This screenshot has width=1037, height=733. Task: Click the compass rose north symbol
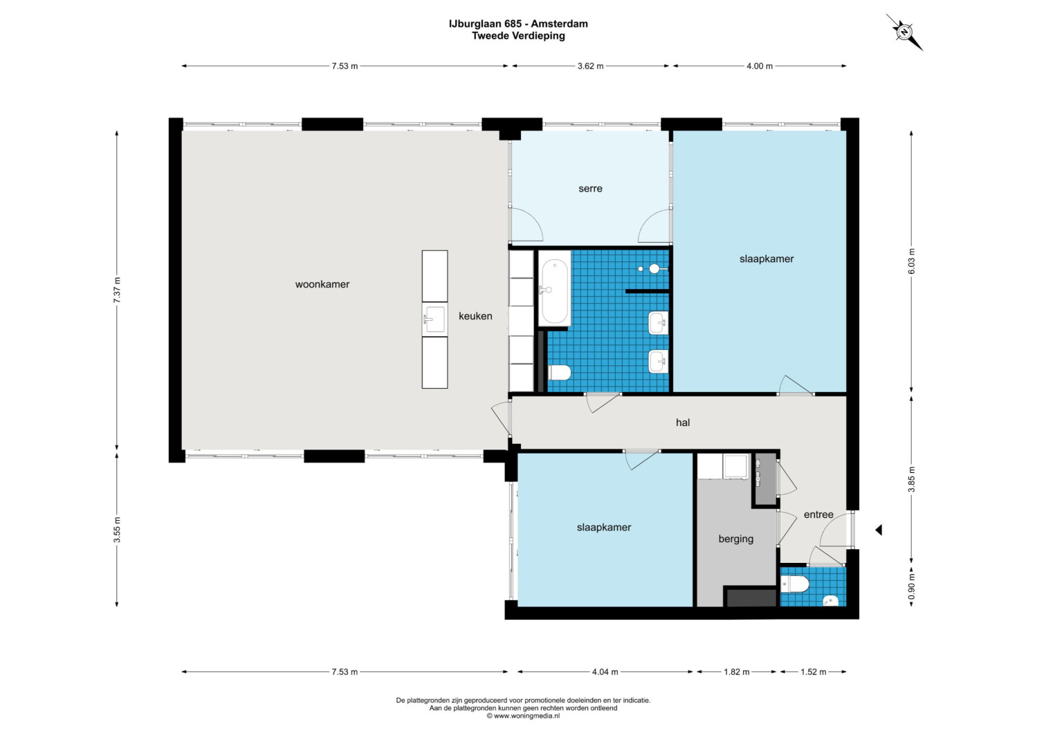[904, 33]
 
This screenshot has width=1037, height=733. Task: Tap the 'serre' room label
[590, 188]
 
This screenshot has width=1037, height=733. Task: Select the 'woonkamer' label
[322, 284]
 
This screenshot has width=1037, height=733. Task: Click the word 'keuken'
[475, 316]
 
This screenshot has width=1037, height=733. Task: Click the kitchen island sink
[434, 319]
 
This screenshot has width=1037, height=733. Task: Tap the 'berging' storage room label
[736, 539]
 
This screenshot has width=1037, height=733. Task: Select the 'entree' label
[818, 514]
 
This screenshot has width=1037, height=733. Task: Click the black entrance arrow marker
[878, 530]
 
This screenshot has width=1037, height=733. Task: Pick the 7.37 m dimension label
[117, 290]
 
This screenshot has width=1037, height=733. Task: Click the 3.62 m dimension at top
[590, 66]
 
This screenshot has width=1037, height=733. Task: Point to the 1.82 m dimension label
[737, 672]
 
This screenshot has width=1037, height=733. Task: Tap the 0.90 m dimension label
[912, 587]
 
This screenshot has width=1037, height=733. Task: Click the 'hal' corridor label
[683, 422]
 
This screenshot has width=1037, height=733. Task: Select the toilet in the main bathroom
[559, 373]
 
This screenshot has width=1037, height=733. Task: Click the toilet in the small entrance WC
[795, 584]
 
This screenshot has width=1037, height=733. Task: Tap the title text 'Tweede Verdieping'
[519, 36]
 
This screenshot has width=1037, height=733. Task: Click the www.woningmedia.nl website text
[523, 716]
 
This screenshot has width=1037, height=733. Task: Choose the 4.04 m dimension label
[605, 672]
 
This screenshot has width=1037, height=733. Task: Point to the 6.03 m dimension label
[912, 261]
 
